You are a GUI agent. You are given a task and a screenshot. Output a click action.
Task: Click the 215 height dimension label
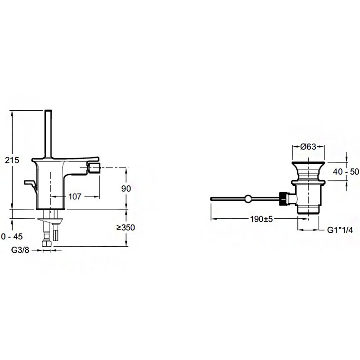click(12, 160)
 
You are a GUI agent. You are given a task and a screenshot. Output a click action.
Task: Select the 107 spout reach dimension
click(75, 197)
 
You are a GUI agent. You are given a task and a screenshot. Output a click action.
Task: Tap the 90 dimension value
click(126, 189)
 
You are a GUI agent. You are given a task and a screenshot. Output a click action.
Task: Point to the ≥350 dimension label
click(126, 228)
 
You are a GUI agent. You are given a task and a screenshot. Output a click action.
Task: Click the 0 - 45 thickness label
click(12, 237)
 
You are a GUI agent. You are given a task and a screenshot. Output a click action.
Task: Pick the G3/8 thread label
click(20, 250)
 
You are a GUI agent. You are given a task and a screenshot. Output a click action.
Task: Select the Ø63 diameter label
click(308, 147)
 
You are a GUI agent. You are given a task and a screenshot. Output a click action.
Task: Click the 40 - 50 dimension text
click(346, 171)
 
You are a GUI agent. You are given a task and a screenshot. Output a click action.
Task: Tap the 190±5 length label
click(261, 219)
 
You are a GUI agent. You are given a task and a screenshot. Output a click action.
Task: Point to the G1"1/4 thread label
click(340, 230)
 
